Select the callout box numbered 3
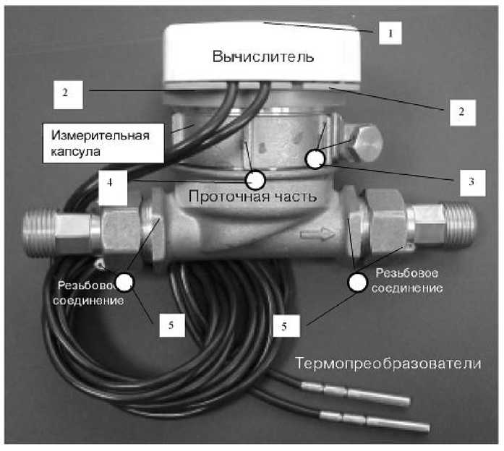pos(471,181)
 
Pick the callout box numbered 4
pos(109,184)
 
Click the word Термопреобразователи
pos(388,363)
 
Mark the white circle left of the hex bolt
pos(315,158)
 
